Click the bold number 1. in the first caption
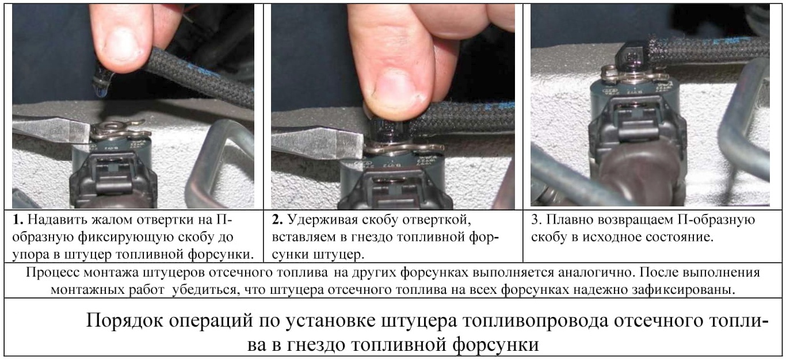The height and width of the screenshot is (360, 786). coord(18,220)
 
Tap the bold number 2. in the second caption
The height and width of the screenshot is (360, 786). coord(277,220)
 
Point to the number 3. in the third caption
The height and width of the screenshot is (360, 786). coord(536,220)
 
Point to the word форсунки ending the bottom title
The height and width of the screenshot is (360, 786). coord(495,345)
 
